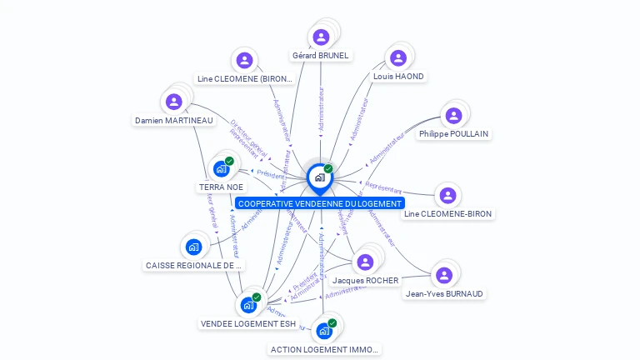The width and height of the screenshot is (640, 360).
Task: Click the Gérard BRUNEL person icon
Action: pyautogui.click(x=321, y=37)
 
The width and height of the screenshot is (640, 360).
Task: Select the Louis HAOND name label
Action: pyautogui.click(x=398, y=77)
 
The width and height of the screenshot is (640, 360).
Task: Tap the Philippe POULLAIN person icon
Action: pyautogui.click(x=453, y=116)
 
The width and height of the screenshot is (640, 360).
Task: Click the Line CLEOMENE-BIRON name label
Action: pyautogui.click(x=447, y=214)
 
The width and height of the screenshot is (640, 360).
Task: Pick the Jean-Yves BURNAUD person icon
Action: pyautogui.click(x=443, y=275)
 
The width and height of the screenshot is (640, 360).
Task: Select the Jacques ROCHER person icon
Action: pyautogui.click(x=365, y=262)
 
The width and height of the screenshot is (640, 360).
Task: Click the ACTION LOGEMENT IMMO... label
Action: pyautogui.click(x=325, y=350)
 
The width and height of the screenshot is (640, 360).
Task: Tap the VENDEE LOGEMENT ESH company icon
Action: pyautogui.click(x=248, y=305)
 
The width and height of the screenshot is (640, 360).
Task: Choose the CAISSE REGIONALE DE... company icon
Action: pyautogui.click(x=194, y=247)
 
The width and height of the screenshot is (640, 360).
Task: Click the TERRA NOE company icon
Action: pyautogui.click(x=221, y=169)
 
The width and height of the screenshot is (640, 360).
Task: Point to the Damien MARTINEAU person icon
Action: pyautogui.click(x=173, y=102)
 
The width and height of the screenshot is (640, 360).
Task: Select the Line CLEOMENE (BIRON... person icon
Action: pyautogui.click(x=244, y=60)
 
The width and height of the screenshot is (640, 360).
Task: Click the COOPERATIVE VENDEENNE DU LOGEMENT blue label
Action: pyautogui.click(x=320, y=203)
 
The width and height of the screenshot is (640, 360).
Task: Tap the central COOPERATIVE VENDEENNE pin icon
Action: pyautogui.click(x=319, y=177)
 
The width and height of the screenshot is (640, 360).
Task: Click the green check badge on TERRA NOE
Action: pyautogui.click(x=229, y=161)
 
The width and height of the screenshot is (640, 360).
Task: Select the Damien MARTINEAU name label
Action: pyautogui.click(x=174, y=121)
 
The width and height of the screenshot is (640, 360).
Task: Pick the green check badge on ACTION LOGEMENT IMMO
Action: pyautogui.click(x=332, y=322)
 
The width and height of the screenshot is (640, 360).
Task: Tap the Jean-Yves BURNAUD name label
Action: pyautogui.click(x=444, y=294)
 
